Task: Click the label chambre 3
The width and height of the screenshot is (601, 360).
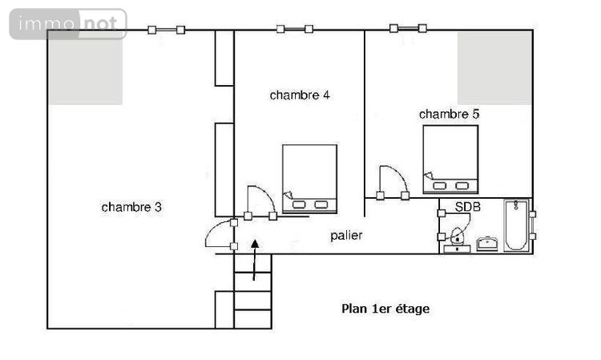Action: pos(132,207)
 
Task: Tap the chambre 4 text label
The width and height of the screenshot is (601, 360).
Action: pos(300,95)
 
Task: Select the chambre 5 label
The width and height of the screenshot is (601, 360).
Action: pos(449,114)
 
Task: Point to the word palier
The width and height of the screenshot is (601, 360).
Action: pos(346,236)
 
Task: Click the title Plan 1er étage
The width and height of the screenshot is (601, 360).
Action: pos(385,309)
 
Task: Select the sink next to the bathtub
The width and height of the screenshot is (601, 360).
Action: pos(487,243)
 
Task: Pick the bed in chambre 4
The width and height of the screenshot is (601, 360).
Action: pos(309,179)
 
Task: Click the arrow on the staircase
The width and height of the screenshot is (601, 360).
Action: pos(255,259)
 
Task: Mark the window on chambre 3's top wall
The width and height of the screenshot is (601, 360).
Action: pos(166,30)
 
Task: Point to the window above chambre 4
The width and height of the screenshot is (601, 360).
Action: pos(294,30)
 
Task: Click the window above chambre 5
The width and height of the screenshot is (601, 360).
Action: pos(407,30)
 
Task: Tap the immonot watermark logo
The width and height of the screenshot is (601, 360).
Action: pos(68,24)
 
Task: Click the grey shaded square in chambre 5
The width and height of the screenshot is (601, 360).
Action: pos(494,68)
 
